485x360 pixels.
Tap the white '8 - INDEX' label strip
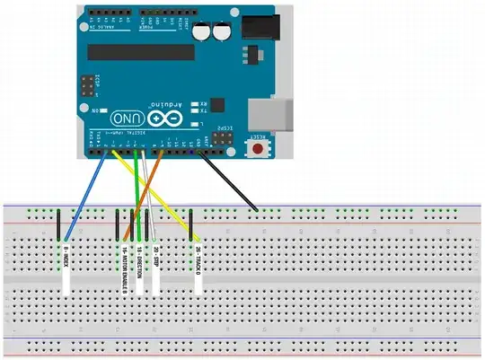pos(66,268)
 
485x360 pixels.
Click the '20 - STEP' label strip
pos(155,266)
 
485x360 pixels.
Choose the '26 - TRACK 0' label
pos(197,266)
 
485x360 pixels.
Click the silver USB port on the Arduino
pos(275,114)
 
